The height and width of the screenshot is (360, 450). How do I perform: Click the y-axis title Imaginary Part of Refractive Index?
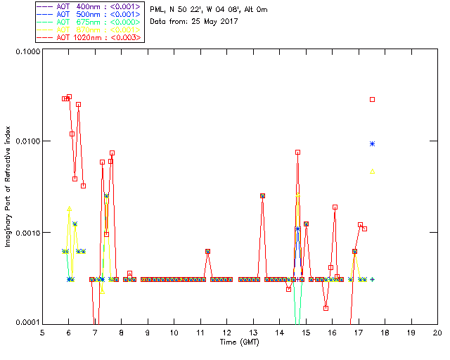[x=10, y=186]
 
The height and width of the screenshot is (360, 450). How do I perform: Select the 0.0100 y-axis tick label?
[x=26, y=142]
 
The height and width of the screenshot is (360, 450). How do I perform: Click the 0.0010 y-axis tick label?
[x=26, y=233]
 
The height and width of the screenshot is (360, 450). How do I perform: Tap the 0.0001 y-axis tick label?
[x=26, y=323]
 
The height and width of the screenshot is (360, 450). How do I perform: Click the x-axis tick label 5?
[x=42, y=333]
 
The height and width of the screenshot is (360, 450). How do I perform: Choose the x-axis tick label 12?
[x=226, y=333]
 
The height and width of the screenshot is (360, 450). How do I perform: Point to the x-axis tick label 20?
[x=437, y=333]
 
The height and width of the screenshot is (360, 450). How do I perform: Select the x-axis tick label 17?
[x=358, y=333]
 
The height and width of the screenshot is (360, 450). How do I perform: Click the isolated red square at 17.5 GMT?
[x=373, y=99]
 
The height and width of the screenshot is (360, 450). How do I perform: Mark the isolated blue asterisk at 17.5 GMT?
[x=373, y=143]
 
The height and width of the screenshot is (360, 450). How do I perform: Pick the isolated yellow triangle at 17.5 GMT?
[x=373, y=172]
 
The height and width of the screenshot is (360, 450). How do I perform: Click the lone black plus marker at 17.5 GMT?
[x=373, y=279]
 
